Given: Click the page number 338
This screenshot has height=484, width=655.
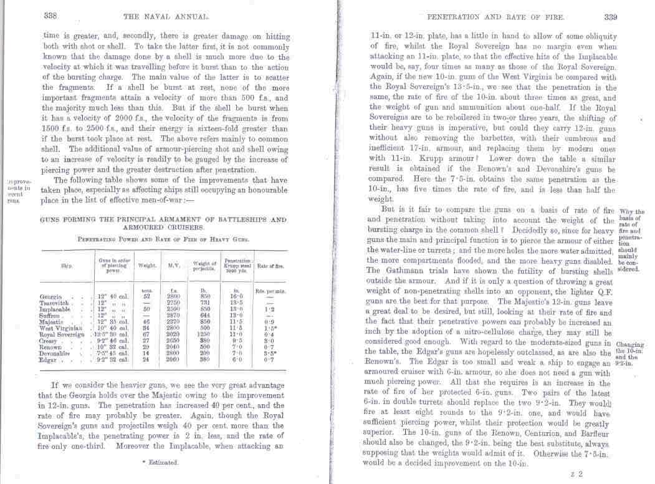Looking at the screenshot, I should [50, 16].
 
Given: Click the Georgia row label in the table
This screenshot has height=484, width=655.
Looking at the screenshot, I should [50, 296].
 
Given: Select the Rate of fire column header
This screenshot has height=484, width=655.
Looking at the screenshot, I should [270, 266].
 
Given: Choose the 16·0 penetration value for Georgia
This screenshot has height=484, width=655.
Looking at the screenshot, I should [236, 296].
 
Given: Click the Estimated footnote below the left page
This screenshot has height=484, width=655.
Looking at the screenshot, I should [160, 462].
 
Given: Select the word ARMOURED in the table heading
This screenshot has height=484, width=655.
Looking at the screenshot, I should [125, 228].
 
